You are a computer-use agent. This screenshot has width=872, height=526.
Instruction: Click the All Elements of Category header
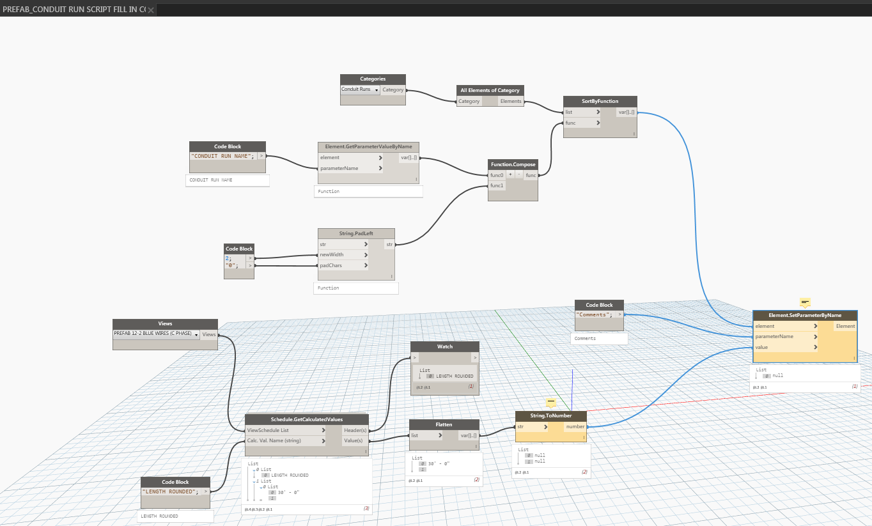pyautogui.click(x=490, y=90)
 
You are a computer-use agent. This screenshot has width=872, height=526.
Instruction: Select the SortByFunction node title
pyautogui.click(x=600, y=101)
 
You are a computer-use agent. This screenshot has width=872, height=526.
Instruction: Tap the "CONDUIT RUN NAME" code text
pyautogui.click(x=222, y=156)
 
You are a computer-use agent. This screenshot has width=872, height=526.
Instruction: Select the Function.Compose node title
pyautogui.click(x=513, y=164)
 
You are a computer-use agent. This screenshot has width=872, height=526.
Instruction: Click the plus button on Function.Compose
pyautogui.click(x=510, y=175)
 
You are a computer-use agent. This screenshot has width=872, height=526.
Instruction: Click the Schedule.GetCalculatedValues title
pyautogui.click(x=306, y=419)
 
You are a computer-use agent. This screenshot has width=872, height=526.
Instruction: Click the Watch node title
pyautogui.click(x=444, y=346)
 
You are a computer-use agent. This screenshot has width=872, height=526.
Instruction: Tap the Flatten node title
pyautogui.click(x=444, y=424)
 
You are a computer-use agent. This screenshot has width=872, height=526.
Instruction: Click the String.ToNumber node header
pyautogui.click(x=550, y=415)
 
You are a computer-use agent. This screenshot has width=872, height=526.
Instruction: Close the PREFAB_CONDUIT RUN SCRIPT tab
pyautogui.click(x=151, y=10)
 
